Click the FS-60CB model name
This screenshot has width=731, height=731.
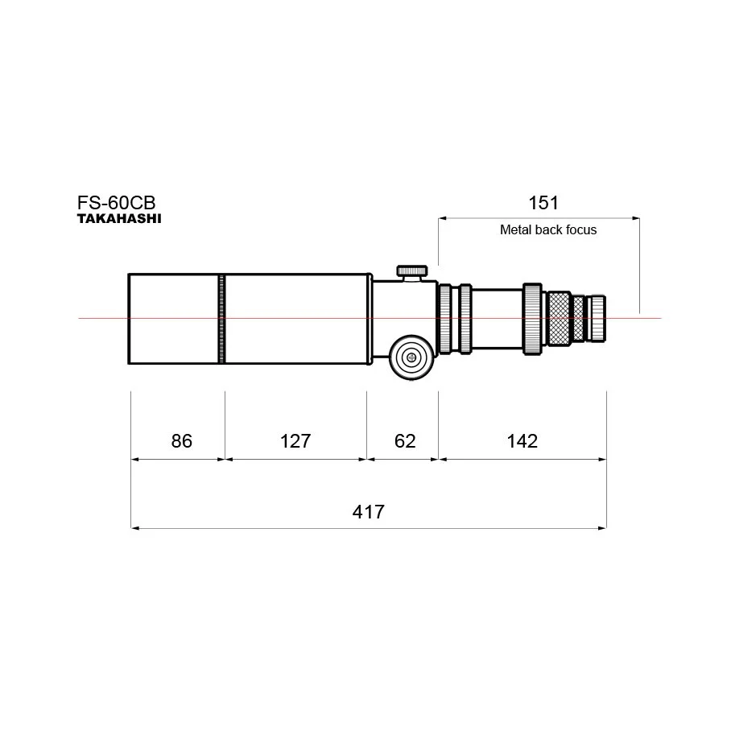(116, 203)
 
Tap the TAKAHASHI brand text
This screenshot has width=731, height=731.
(119, 219)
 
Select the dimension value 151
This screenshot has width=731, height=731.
(543, 203)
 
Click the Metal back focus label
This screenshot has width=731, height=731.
(548, 229)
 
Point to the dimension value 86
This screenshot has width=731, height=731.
(181, 441)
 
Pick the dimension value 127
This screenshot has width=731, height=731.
(295, 441)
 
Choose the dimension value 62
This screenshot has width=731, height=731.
(405, 441)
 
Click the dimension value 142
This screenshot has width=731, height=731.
(522, 441)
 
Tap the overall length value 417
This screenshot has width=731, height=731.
(368, 512)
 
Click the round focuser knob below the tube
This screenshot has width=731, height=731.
(411, 357)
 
